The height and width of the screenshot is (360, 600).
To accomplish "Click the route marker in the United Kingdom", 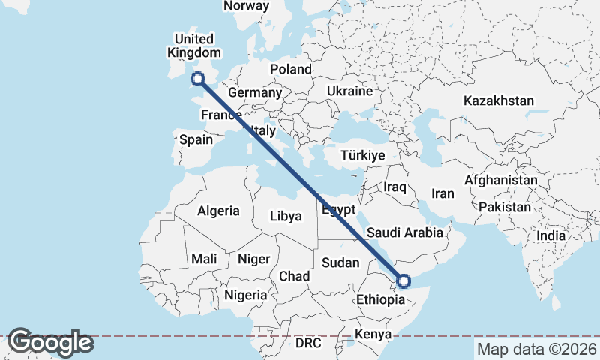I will tap(199, 78).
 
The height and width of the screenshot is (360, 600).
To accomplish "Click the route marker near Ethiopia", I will tap(403, 281).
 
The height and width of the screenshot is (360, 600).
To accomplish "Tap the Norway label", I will tap(246, 6).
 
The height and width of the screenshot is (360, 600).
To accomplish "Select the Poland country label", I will tap(291, 69).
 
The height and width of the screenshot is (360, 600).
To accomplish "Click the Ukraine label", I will tap(349, 91).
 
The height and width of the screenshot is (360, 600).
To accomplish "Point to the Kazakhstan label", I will tap(498, 100).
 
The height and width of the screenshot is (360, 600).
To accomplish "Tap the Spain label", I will tap(196, 139).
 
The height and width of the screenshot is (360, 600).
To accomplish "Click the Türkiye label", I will tap(362, 155).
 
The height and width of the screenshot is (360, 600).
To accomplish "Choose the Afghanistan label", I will tap(500, 181).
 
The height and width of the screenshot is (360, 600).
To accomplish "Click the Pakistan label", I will tap(505, 206).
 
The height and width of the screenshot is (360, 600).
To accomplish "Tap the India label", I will tap(551, 235).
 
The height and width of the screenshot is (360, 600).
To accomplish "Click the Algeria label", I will tap(218, 211).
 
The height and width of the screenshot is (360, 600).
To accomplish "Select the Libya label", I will tap(286, 217).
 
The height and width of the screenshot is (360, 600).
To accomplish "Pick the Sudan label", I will tap(340, 262).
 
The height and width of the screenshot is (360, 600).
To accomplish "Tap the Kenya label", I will tap(373, 334).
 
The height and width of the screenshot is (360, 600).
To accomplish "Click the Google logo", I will tap(50, 343).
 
